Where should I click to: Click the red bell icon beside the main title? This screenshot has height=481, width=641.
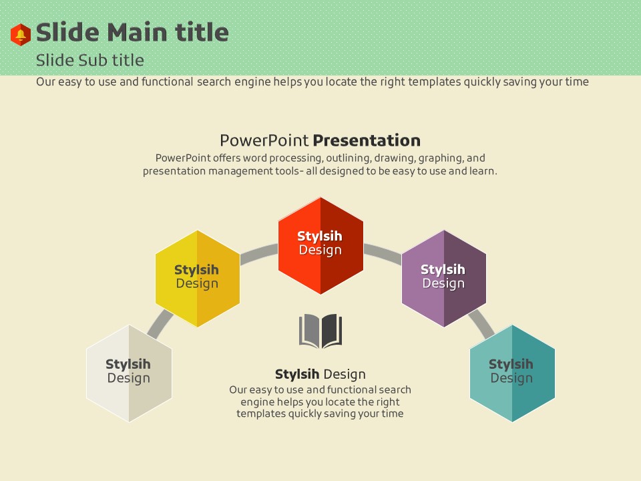coord(21,34)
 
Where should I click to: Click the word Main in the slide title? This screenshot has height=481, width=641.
coord(137,32)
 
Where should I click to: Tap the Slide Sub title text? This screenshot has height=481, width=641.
coord(90,61)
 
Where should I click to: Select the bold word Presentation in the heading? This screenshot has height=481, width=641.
coord(367,140)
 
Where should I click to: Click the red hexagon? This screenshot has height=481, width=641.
coord(321,245)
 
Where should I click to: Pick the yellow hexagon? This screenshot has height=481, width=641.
coord(198,279)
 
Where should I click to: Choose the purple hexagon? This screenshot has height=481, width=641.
coord(444,279)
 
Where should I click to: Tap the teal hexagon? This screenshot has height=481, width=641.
coord(512,373)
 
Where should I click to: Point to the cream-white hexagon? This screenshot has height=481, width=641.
coord(129,373)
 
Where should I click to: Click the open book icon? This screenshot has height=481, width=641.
coord(320,331)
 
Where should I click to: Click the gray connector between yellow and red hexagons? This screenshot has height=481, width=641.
coord(259,254)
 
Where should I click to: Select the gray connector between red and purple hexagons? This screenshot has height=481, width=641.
coord(383,254)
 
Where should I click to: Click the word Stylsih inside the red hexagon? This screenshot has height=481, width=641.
coord(320,236)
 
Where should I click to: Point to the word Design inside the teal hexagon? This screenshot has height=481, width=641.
coord(511,378)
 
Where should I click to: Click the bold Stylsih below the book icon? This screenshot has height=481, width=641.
coord(297,374)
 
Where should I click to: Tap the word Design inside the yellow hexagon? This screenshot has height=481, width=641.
coord(197,283)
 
